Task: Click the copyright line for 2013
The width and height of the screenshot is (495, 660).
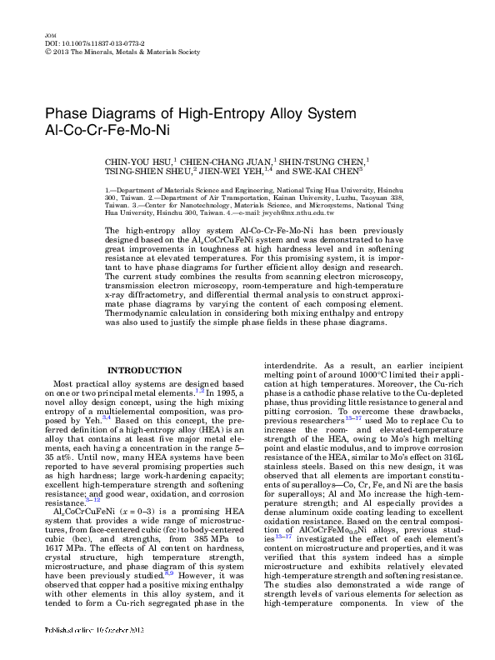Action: click(121, 52)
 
